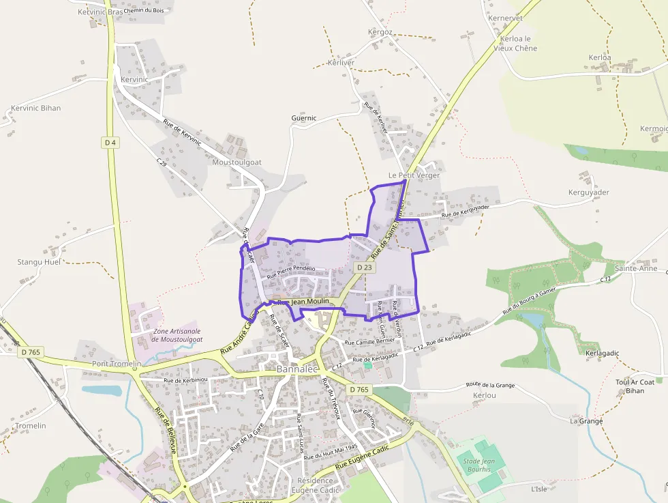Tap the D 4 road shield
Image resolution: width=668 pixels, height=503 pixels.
110,142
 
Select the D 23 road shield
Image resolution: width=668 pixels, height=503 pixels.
363,268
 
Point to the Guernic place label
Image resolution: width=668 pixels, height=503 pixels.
304,118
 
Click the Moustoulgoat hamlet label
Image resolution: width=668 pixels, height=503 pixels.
237,162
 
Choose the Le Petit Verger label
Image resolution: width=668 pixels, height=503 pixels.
414,175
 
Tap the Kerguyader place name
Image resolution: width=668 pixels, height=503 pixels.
589,192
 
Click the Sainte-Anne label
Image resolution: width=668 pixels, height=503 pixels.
636,268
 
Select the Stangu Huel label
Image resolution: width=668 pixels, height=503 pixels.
39,262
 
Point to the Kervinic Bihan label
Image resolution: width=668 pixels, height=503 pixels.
36,108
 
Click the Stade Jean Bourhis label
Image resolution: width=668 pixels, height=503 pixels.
483,465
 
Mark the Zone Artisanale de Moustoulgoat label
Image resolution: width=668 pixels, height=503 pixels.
177,335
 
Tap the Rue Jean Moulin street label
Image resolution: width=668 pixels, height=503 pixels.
303,301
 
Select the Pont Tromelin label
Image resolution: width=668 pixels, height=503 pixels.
117,364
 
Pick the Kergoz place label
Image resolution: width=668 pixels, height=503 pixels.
380,32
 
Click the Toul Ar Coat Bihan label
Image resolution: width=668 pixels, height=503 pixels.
635,386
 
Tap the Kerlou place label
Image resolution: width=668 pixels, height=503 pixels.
484,396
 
